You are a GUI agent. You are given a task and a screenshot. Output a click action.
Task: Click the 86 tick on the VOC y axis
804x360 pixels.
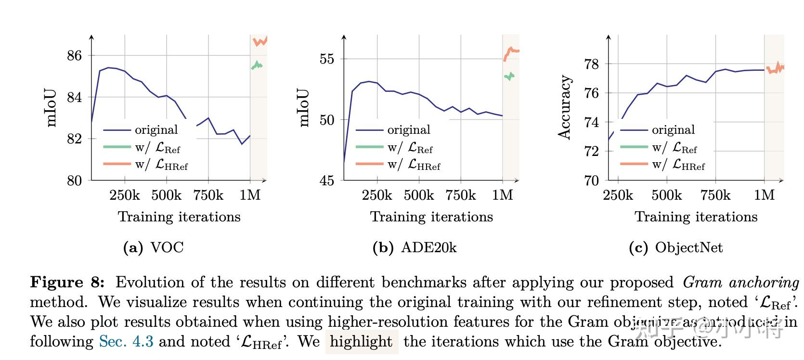tap(74, 56)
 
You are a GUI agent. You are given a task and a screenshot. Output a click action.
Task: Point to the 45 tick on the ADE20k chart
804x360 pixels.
tap(327, 180)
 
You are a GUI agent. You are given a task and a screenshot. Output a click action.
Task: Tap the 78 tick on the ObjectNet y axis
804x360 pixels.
tap(591, 64)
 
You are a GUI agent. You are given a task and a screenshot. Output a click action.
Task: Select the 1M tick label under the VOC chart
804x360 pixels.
tap(250, 195)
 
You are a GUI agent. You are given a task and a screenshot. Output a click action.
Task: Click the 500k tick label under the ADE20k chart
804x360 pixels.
tap(419, 195)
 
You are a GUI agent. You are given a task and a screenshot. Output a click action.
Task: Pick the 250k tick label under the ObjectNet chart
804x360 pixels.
tap(618, 195)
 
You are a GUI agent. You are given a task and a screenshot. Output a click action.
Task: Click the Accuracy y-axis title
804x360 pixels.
tap(564, 107)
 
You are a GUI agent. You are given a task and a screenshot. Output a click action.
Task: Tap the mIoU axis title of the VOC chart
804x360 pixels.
tap(52, 108)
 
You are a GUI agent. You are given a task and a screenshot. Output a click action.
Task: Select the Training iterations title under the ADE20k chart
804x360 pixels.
tap(431, 217)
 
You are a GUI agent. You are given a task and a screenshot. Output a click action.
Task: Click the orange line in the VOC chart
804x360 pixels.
tap(260, 42)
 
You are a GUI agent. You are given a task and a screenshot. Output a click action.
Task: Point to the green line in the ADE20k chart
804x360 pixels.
tap(509, 76)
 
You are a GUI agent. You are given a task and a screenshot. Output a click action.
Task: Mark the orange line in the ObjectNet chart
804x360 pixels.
tap(775, 68)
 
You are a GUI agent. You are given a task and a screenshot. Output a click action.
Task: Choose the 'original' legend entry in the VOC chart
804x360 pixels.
tap(156, 130)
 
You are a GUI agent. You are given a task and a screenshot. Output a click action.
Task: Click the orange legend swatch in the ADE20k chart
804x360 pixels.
tap(369, 165)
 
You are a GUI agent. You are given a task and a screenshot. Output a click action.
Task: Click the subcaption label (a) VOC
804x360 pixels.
tap(154, 248)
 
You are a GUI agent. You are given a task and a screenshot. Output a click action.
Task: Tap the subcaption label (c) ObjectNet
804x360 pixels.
tap(675, 248)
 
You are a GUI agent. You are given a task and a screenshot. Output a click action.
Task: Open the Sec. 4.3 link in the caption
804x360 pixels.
tap(126, 342)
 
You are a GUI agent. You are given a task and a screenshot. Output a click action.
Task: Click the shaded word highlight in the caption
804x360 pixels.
tap(361, 342)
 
